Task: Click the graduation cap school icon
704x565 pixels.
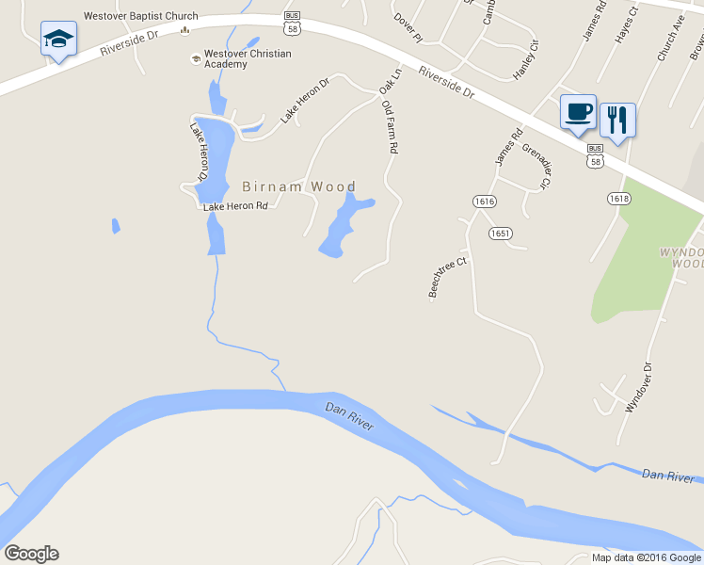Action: click(58, 40)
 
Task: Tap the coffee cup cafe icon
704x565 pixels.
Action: click(578, 112)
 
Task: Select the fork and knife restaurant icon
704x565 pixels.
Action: click(617, 120)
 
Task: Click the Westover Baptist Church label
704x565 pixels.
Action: click(141, 16)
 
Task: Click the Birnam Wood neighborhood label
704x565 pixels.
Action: click(299, 186)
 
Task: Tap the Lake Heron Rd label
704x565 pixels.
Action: click(236, 205)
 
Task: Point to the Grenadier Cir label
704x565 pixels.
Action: click(536, 165)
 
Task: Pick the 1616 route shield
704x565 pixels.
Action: click(485, 202)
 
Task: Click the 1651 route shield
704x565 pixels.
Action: click(499, 233)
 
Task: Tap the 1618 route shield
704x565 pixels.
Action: click(618, 198)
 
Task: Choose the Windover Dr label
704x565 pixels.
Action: click(639, 388)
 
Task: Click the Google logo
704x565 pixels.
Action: click(31, 554)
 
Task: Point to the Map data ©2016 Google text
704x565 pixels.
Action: click(646, 557)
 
